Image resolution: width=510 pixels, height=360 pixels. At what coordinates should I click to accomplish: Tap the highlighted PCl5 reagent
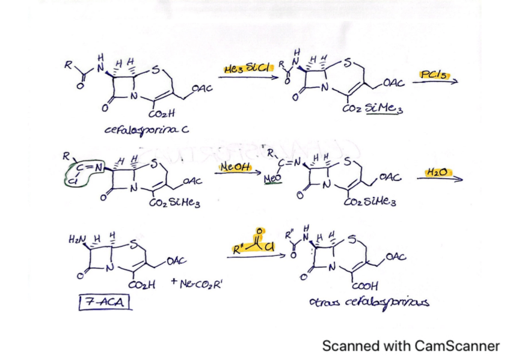pos(432,74)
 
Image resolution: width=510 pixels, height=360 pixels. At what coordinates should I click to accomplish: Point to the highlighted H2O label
pos(437,172)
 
